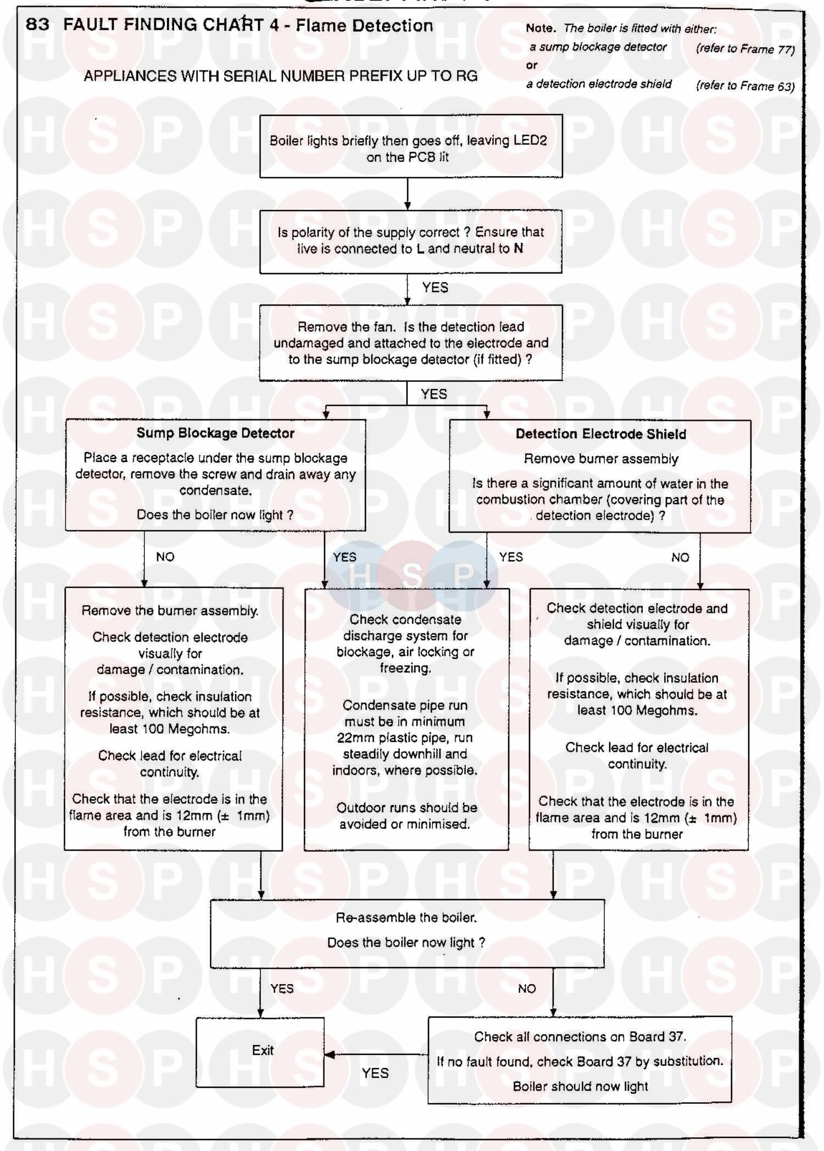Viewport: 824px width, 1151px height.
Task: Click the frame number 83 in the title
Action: (37, 24)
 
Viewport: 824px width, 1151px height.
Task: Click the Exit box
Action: (260, 1052)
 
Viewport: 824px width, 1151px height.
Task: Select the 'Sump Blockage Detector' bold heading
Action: (215, 433)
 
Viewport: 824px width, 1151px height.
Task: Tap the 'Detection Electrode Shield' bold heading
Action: (600, 434)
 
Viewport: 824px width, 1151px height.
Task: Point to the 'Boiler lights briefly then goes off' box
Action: (410, 147)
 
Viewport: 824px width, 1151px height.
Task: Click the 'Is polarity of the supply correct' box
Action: (410, 241)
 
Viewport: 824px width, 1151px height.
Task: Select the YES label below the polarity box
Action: (435, 288)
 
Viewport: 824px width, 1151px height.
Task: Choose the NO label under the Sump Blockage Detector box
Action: (165, 557)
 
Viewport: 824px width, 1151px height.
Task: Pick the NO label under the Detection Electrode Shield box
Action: (680, 557)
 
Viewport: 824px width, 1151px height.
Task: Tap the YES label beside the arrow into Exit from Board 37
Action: (375, 1073)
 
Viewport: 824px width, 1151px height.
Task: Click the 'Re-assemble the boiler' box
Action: (407, 933)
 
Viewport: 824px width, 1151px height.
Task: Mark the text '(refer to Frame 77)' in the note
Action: (745, 49)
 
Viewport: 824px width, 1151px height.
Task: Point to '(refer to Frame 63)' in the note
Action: (745, 86)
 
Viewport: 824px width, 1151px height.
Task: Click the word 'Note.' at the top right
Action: (541, 28)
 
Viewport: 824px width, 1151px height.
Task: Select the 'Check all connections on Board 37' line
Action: (580, 1037)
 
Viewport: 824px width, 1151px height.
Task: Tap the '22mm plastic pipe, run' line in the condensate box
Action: (405, 737)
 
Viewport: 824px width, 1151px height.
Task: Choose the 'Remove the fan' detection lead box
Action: (410, 343)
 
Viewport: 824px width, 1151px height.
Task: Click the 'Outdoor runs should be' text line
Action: (407, 808)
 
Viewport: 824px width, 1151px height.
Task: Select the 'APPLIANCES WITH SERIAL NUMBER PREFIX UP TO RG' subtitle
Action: (280, 76)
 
